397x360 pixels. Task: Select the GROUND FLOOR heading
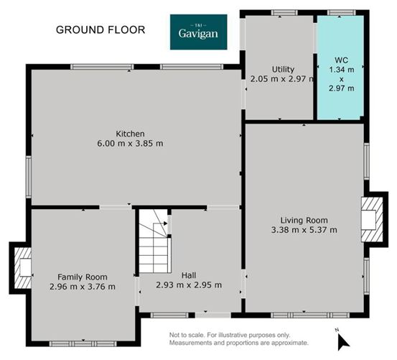(101, 29)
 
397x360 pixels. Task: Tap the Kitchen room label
(131, 134)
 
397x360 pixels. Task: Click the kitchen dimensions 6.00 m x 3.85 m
(131, 144)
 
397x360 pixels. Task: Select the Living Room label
(304, 220)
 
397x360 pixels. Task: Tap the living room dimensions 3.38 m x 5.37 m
(304, 230)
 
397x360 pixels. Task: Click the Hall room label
(189, 274)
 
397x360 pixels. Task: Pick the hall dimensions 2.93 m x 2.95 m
(189, 285)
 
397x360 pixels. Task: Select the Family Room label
(83, 277)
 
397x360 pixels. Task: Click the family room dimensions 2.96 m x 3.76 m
(83, 287)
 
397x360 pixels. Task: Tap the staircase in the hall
(154, 245)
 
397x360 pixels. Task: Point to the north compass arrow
(343, 340)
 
